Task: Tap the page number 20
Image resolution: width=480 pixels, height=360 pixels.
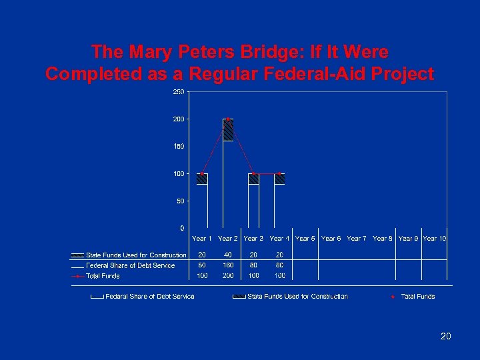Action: (x=446, y=337)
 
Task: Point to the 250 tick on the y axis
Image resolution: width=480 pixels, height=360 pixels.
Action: (x=179, y=91)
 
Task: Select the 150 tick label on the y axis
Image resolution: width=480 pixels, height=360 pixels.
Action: (x=179, y=146)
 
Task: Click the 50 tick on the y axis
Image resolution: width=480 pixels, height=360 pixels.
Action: (x=181, y=201)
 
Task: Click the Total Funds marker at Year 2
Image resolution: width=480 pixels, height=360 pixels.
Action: (x=228, y=119)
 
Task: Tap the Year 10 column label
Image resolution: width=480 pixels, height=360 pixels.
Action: (x=435, y=238)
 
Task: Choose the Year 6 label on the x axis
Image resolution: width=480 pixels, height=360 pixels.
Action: (x=331, y=238)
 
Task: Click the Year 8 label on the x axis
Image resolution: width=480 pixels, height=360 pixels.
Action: (x=383, y=238)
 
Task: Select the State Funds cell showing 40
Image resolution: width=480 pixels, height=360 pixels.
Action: (x=228, y=255)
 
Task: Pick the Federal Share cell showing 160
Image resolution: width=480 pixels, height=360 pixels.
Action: (x=228, y=265)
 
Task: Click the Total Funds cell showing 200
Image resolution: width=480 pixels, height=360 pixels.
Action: (x=228, y=275)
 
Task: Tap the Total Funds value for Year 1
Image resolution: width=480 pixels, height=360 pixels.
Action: (x=202, y=275)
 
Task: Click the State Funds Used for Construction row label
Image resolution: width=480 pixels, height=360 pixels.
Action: (x=136, y=255)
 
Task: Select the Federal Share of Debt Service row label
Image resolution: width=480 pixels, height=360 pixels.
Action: (x=131, y=265)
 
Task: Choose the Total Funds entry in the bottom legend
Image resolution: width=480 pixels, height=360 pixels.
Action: (x=417, y=296)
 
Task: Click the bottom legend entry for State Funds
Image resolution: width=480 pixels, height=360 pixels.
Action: (x=297, y=296)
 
